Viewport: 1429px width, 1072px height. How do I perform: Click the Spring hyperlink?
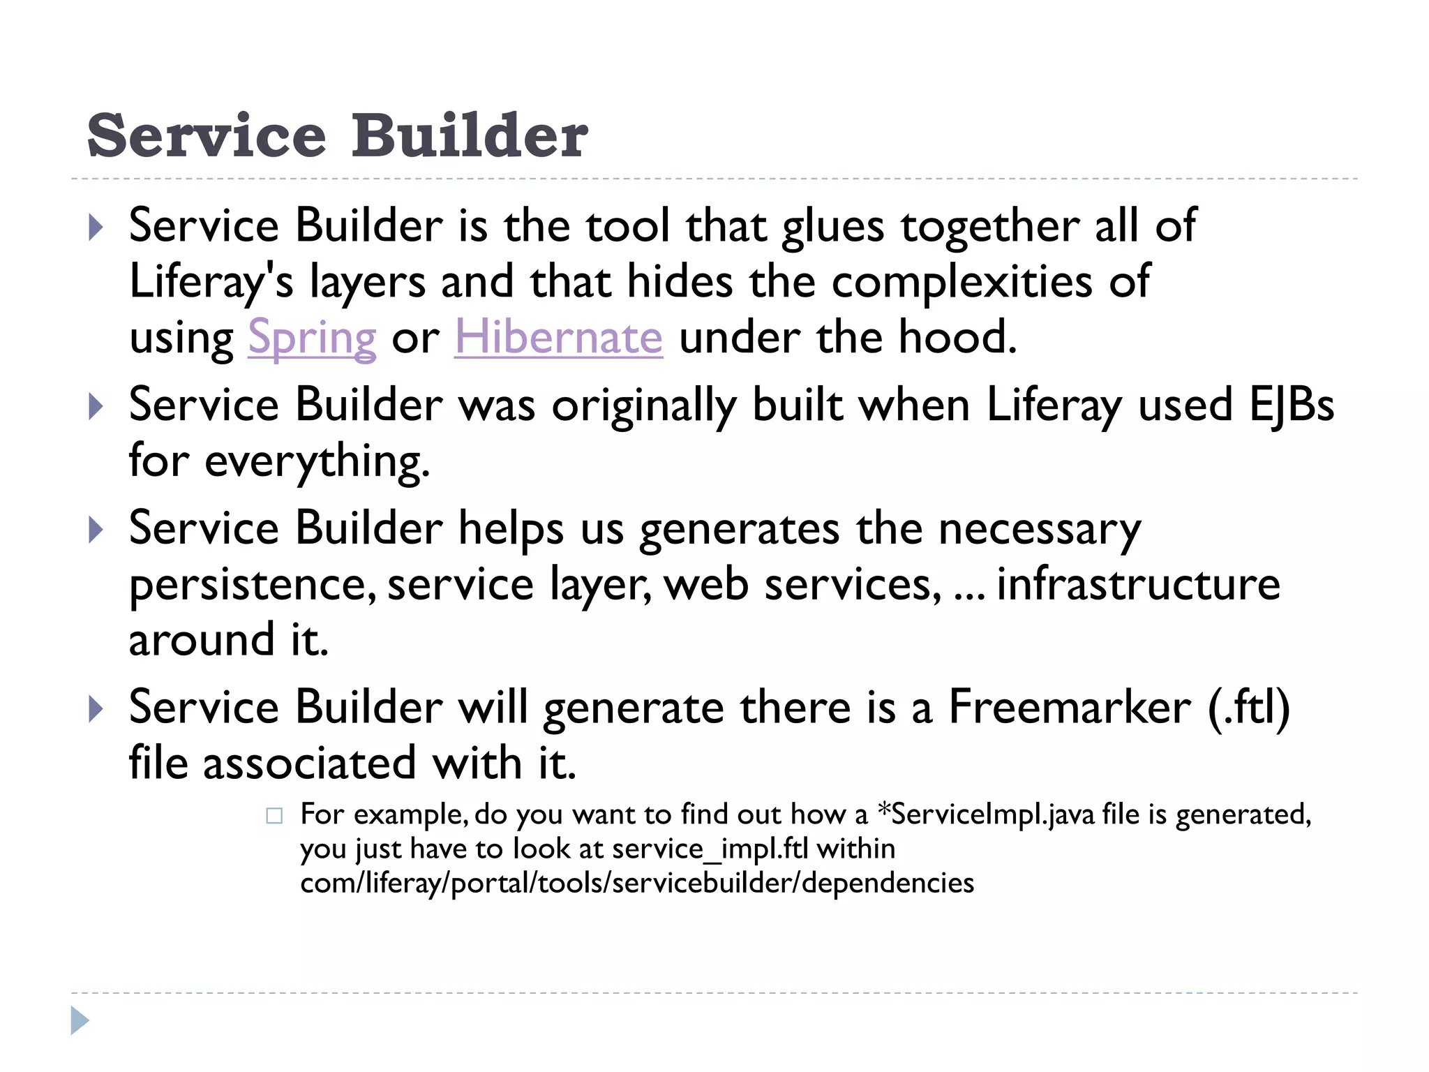pos(312,338)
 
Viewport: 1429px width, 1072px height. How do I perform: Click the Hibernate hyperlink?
pos(558,337)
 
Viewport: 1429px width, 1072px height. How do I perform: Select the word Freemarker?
pos(1070,707)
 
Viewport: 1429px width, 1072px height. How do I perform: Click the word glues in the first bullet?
pos(832,228)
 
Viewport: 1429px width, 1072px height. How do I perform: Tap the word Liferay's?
pos(211,283)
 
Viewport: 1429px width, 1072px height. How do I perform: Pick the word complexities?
pos(962,282)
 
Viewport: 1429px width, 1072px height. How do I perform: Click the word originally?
pos(644,406)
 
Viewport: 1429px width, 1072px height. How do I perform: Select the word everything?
pos(317,462)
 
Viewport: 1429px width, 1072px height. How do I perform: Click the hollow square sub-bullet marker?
pos(274,816)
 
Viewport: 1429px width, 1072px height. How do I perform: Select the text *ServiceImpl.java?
pos(986,814)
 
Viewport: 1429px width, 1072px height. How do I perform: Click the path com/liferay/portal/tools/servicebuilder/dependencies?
pos(636,883)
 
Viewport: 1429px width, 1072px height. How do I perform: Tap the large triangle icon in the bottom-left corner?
pos(80,1020)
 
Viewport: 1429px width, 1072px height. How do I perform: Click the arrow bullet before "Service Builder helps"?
pos(96,530)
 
